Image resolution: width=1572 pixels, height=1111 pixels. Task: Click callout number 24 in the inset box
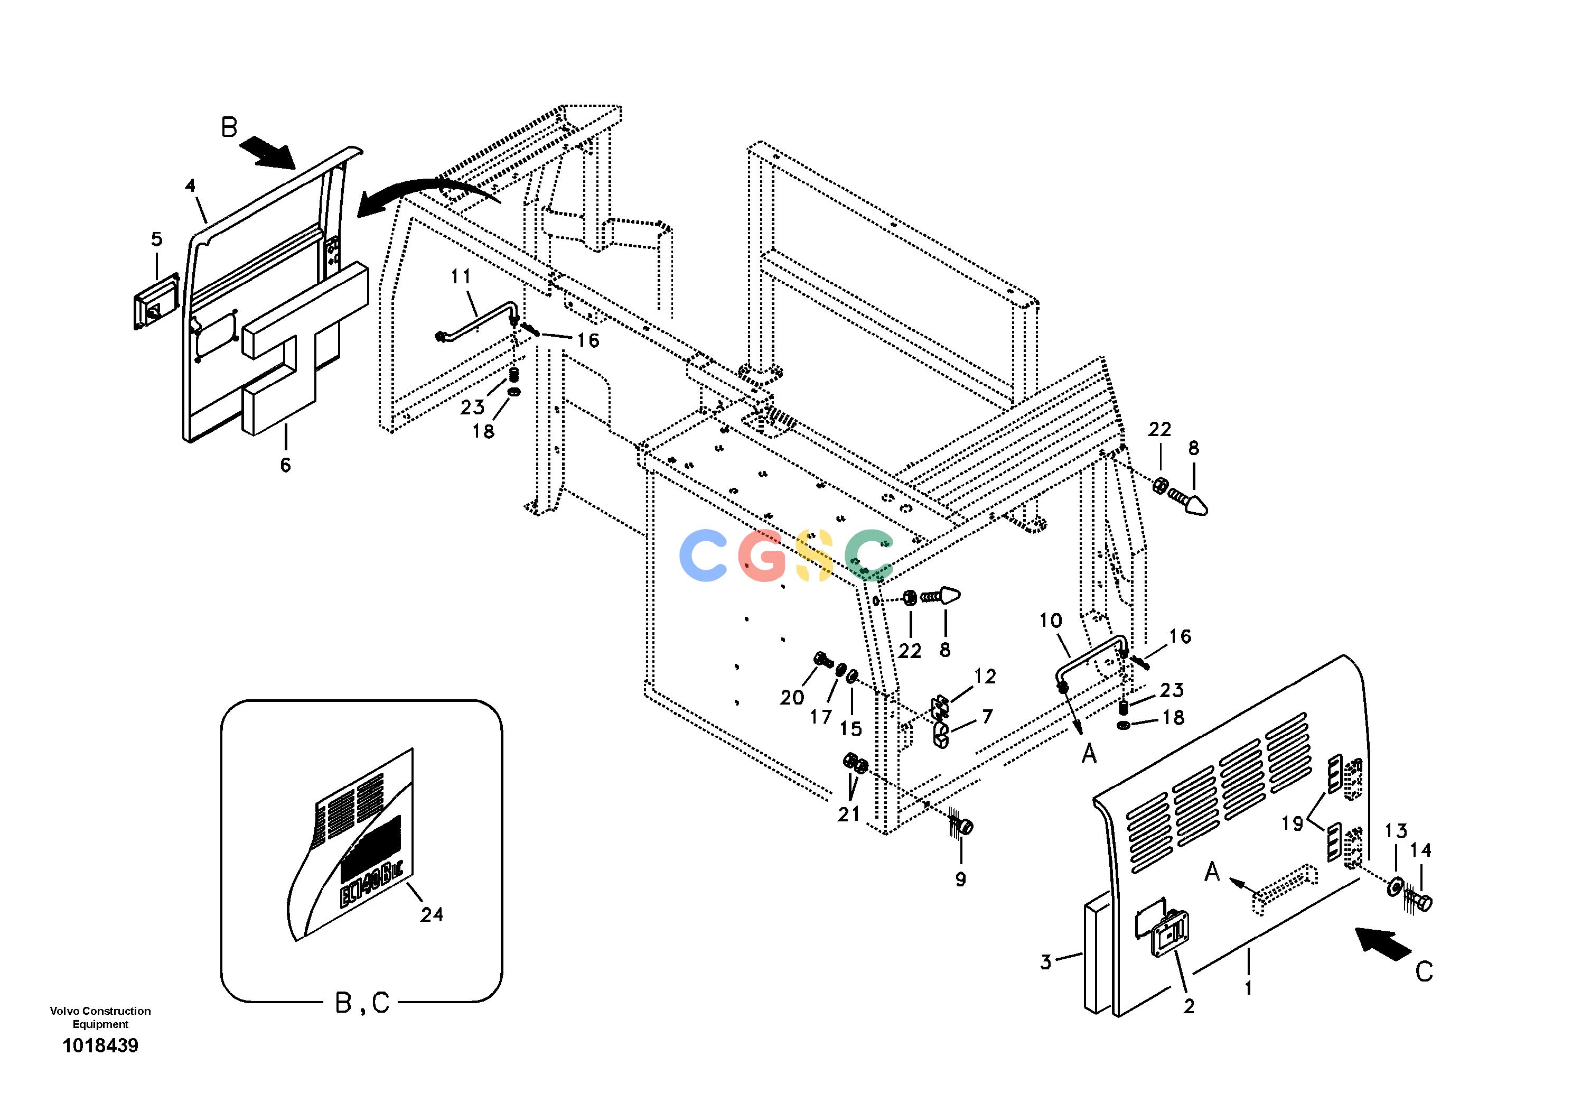[x=432, y=914]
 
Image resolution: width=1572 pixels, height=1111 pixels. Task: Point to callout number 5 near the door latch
[x=157, y=239]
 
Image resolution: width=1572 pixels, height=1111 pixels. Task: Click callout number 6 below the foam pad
[x=286, y=465]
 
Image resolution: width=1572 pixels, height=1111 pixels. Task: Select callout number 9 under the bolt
[x=961, y=879]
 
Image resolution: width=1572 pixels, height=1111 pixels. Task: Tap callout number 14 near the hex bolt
[x=1421, y=850]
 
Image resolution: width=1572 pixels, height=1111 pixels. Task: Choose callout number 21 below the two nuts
[x=849, y=814]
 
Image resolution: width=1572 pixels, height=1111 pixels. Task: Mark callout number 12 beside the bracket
[x=985, y=676]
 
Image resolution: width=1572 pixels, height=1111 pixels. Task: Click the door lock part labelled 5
[x=155, y=302]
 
